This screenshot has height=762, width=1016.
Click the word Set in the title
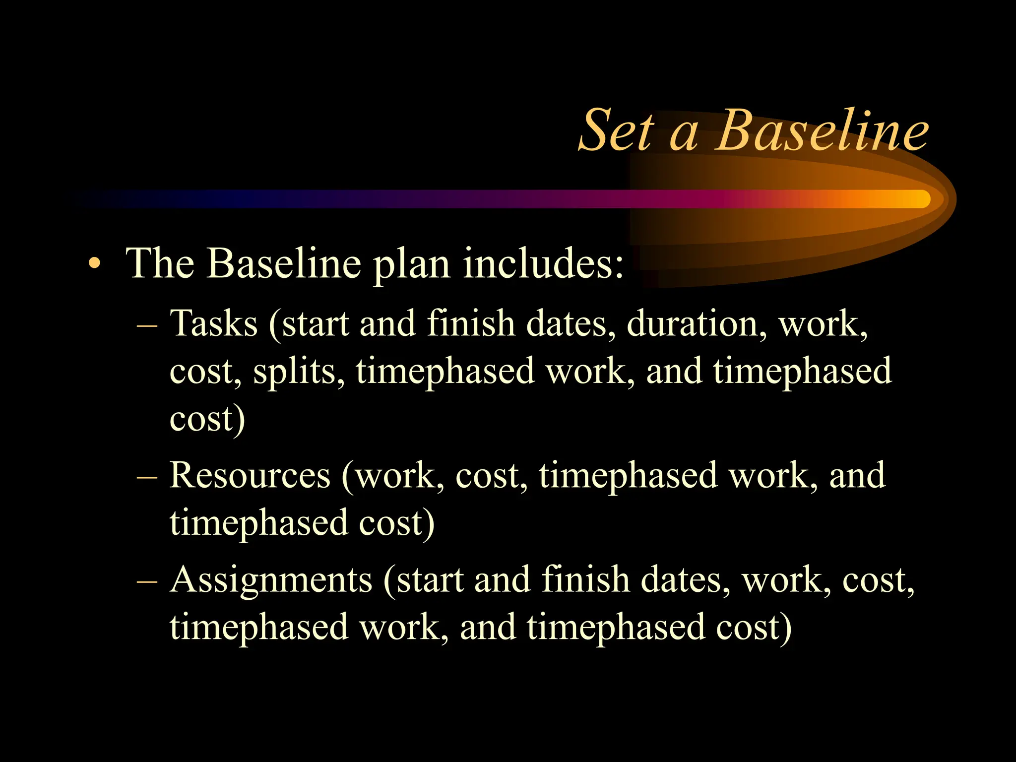click(x=617, y=131)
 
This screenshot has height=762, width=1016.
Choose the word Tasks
click(x=214, y=323)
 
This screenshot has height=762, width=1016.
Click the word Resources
click(x=250, y=475)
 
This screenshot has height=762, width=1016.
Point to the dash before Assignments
click(x=147, y=582)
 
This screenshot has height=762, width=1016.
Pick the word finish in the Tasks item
click(x=471, y=323)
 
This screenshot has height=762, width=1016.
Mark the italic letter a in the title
click(x=685, y=135)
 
